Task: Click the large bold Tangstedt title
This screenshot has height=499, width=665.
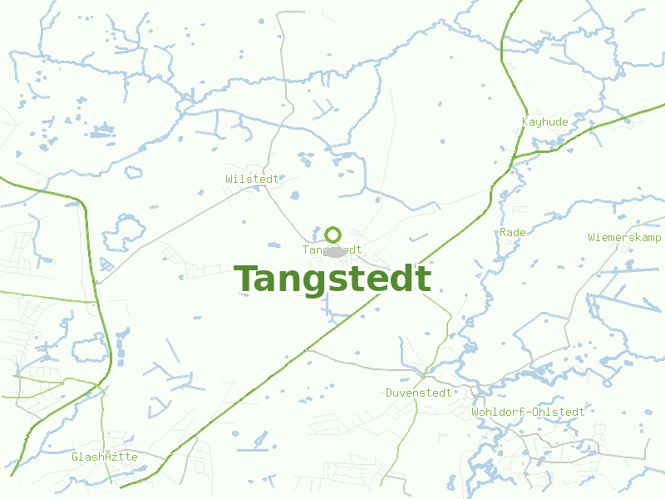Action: coord(332,279)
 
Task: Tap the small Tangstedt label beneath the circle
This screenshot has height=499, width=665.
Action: coord(332,249)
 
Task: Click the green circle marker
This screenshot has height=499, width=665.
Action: coord(332,235)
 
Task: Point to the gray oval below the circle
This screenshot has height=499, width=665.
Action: coord(335,251)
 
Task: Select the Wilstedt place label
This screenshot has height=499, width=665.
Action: coord(252,179)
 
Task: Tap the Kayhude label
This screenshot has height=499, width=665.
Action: coord(545,122)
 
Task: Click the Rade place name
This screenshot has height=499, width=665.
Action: coord(513,232)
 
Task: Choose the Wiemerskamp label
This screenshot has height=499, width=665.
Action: coord(624,237)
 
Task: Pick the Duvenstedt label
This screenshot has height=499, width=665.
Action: coord(419,393)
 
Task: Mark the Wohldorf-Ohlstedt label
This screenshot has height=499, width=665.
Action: coord(528,412)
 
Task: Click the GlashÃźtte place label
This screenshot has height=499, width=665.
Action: coord(105,457)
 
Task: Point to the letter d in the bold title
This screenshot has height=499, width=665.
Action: coord(399,279)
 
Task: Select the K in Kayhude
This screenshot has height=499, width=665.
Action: coord(525,122)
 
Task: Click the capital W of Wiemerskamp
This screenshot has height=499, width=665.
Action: coord(591,237)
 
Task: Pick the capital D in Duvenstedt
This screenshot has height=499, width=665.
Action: coord(389,393)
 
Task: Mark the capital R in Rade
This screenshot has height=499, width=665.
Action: coord(503,232)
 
